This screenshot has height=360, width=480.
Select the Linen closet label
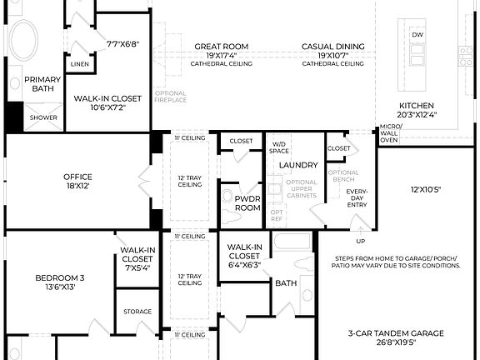[80, 63]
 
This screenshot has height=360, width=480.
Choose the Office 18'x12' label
[77, 176]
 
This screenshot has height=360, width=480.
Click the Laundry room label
[299, 165]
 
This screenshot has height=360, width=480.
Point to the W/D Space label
[279, 147]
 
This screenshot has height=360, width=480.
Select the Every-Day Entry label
[357, 198]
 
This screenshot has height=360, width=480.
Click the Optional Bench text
[343, 177]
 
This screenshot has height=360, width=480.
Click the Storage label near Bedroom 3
[137, 312]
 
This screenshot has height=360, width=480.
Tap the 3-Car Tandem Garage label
[397, 333]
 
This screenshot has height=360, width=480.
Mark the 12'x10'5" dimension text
[426, 190]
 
